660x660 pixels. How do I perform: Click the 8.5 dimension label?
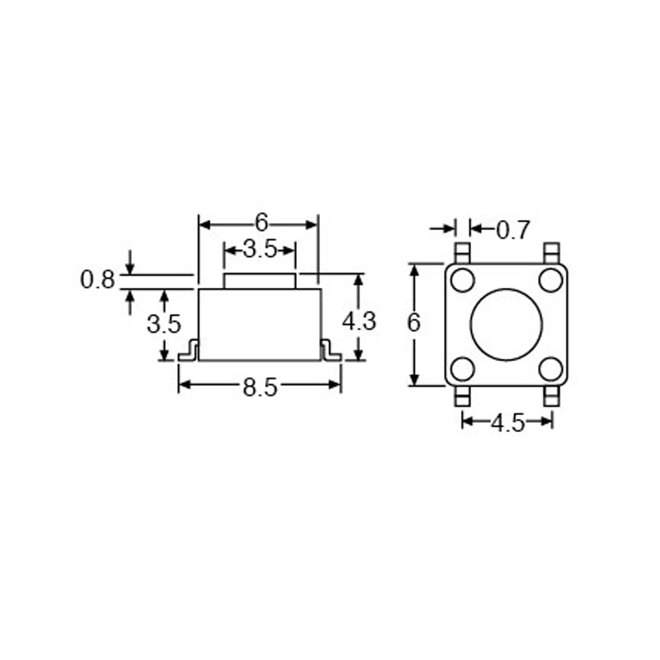260,388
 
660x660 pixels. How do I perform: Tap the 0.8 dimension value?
97,280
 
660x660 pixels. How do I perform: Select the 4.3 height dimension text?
359,322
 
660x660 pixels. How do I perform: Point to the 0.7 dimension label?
513,230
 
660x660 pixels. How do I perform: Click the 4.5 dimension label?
508,423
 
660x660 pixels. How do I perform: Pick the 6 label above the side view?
261,223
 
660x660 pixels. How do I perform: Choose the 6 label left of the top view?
414,323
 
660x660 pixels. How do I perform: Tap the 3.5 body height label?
164,324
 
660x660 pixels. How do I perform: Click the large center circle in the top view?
506,324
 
